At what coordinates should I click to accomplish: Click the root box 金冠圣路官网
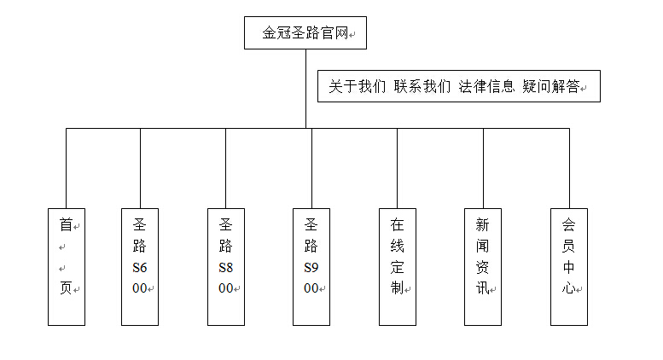[x=305, y=33]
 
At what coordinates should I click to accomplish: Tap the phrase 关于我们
[x=358, y=87]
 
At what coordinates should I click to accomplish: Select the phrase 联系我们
[x=422, y=87]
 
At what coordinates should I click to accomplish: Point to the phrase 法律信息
[x=486, y=87]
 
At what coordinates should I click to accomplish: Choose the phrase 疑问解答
[x=551, y=87]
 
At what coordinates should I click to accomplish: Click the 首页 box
[x=67, y=267]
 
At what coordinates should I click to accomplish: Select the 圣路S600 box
[x=140, y=267]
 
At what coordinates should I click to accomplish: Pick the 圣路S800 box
[x=226, y=267]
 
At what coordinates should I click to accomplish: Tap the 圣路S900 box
[x=311, y=267]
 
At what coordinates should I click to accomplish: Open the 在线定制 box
[x=398, y=267]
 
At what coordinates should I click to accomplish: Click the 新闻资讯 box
[x=483, y=267]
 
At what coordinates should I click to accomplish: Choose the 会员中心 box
[x=569, y=267]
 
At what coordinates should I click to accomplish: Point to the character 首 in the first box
[x=66, y=225]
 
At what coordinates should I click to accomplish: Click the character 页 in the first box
[x=66, y=288]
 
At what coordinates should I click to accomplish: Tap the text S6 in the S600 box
[x=140, y=268]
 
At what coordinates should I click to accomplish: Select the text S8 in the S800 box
[x=226, y=268]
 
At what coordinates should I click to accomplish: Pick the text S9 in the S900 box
[x=311, y=268]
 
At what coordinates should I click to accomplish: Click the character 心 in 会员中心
[x=568, y=288]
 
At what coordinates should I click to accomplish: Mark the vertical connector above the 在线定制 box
[x=398, y=168]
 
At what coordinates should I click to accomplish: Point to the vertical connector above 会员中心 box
[x=569, y=168]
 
